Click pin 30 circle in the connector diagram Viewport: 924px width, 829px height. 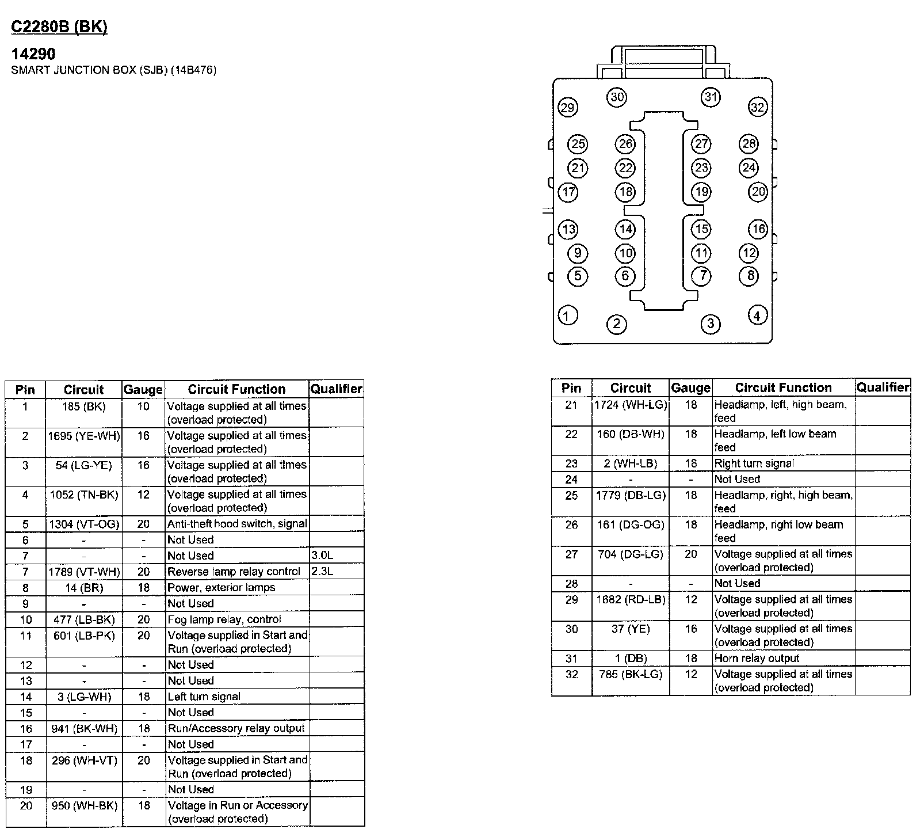tap(617, 97)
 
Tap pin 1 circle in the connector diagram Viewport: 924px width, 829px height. tap(568, 315)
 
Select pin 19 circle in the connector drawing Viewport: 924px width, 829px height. tap(701, 192)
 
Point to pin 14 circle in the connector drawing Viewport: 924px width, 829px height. tap(625, 229)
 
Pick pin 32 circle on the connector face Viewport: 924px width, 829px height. tap(758, 107)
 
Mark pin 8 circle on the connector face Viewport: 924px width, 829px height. tap(749, 276)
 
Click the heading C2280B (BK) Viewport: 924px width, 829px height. tap(59, 27)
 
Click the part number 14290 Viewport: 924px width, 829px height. tap(33, 54)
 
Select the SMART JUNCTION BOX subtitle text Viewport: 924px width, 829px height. tap(114, 70)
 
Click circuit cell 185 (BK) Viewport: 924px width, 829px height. tap(84, 406)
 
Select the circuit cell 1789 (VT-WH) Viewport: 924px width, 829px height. tap(84, 572)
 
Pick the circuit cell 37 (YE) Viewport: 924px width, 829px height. tap(631, 629)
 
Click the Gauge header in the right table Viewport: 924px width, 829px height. tap(691, 388)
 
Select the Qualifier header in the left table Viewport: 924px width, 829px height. tap(336, 389)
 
